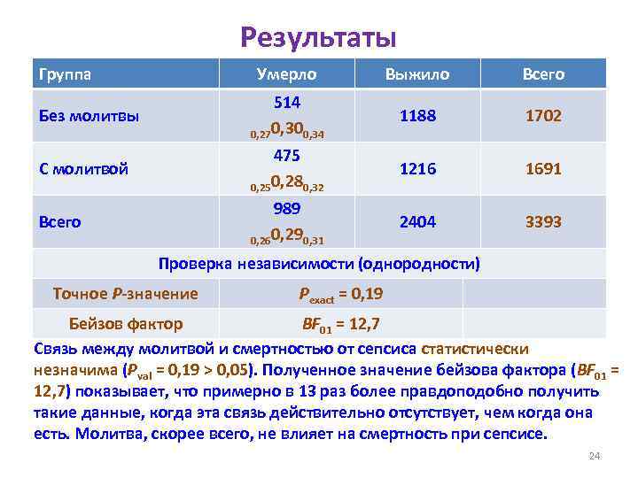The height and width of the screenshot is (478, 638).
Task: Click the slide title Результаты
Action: [x=318, y=37]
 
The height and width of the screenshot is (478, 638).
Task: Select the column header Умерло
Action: [x=286, y=74]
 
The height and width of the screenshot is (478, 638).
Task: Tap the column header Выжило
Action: [x=417, y=74]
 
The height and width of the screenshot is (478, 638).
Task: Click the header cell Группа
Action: [x=63, y=74]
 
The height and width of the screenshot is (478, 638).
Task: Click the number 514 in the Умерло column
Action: [x=286, y=102]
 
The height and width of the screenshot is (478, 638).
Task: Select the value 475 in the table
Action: [x=286, y=155]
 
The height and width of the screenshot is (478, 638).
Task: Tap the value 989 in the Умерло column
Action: [x=286, y=208]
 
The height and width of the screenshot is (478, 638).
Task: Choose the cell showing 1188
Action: [x=417, y=116]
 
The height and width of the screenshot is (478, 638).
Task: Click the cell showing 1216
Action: [x=417, y=168]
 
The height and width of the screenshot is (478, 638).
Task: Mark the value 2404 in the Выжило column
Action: [x=417, y=221]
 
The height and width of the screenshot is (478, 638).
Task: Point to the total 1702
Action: [x=542, y=116]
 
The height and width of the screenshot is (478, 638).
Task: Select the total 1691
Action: [x=542, y=168]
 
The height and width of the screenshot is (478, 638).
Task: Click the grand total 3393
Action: [x=542, y=221]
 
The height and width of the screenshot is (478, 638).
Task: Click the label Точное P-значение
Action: [x=125, y=293]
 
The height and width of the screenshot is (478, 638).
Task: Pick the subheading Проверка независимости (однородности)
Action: [x=319, y=263]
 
